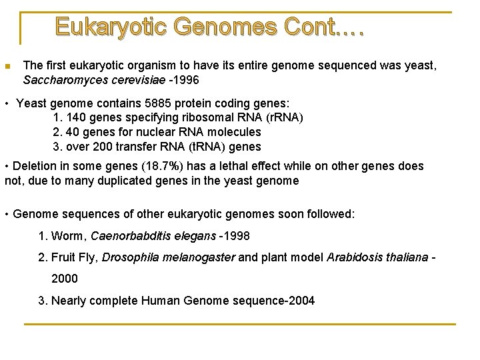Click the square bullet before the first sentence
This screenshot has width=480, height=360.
7,66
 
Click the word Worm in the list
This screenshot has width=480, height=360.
69,236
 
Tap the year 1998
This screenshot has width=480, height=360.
236,236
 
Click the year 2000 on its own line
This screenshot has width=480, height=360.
65,279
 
